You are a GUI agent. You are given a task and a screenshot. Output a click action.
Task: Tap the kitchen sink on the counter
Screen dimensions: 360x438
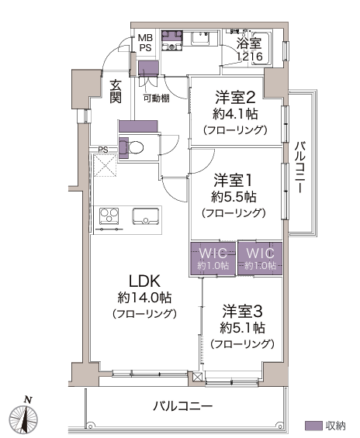[x=146, y=216]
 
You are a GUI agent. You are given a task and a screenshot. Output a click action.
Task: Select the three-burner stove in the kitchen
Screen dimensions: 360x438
[x=109, y=216]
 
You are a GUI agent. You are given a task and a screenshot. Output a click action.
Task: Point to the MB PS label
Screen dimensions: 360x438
[x=146, y=43]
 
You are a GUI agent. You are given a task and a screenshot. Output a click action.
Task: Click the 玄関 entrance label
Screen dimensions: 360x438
[x=116, y=91]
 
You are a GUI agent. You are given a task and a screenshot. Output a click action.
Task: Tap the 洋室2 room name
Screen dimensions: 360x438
[x=235, y=97]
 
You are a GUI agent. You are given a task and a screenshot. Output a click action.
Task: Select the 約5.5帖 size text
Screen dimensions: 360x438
[x=234, y=197]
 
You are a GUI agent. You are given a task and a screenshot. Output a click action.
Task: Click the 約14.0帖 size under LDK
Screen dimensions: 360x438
[x=144, y=298]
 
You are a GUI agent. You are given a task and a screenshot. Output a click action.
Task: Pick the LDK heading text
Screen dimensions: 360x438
[x=144, y=281]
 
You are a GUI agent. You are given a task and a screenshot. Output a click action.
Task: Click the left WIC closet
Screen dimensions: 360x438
[x=213, y=259]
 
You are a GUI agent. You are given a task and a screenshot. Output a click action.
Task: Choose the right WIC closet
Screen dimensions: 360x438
[x=260, y=259]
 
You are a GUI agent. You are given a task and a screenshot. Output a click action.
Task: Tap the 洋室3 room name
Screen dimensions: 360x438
[x=242, y=312]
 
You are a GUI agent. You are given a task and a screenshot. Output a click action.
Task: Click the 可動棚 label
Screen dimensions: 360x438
[x=156, y=98]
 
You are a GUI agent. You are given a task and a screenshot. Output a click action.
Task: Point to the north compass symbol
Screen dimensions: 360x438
[x=24, y=417]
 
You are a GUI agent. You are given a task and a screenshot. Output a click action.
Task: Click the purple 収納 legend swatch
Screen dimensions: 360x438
[x=313, y=426]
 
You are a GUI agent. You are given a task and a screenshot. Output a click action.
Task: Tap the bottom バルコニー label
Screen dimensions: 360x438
[x=183, y=406]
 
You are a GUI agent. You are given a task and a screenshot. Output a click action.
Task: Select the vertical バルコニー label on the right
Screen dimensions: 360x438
[x=299, y=167]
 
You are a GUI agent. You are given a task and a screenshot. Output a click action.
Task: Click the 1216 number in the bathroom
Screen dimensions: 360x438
[x=250, y=57]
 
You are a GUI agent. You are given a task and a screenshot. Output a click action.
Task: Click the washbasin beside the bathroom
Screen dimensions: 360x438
[x=201, y=38]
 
